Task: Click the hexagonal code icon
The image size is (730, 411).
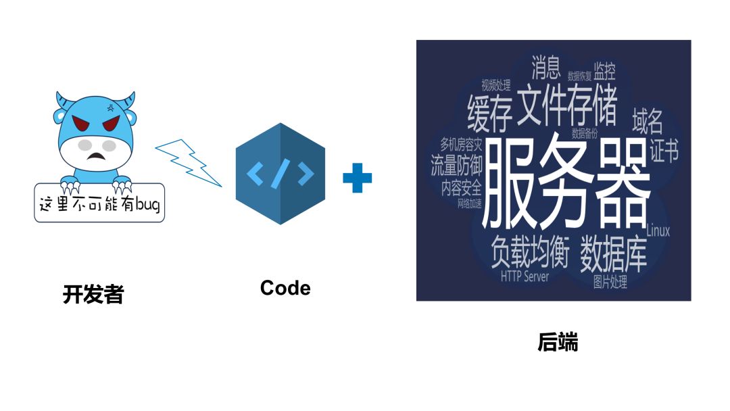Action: click(x=280, y=174)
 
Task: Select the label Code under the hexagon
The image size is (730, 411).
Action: click(x=285, y=288)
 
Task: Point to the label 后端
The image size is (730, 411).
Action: click(x=558, y=342)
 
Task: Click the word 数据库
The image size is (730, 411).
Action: click(x=613, y=253)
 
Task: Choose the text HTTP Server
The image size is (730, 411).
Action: click(x=525, y=276)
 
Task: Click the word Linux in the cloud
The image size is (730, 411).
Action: click(x=658, y=231)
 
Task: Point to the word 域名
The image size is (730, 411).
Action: click(x=647, y=121)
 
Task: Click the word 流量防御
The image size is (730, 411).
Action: click(x=457, y=166)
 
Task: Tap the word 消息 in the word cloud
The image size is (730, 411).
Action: click(x=546, y=67)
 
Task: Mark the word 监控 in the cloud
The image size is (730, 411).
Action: click(x=604, y=70)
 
